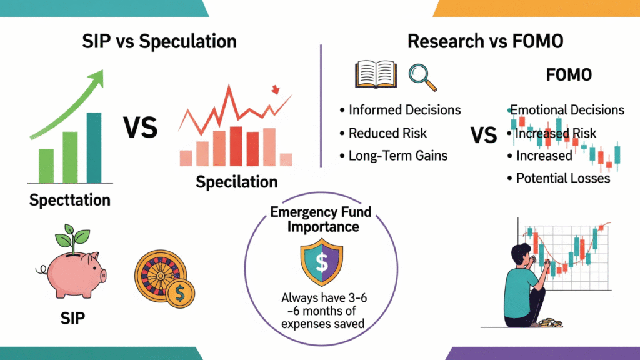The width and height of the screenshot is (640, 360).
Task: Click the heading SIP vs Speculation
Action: pyautogui.click(x=160, y=42)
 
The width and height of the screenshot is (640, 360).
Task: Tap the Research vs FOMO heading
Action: pyautogui.click(x=485, y=42)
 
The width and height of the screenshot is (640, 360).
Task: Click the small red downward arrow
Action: pyautogui.click(x=274, y=91)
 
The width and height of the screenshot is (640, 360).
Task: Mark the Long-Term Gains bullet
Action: pyautogui.click(x=398, y=156)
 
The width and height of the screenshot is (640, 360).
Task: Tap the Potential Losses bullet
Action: pyautogui.click(x=562, y=178)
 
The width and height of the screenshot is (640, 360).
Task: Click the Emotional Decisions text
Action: pyautogui.click(x=567, y=110)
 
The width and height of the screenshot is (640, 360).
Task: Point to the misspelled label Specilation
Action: pyautogui.click(x=236, y=182)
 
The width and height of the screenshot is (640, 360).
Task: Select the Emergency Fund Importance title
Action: pyautogui.click(x=321, y=219)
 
